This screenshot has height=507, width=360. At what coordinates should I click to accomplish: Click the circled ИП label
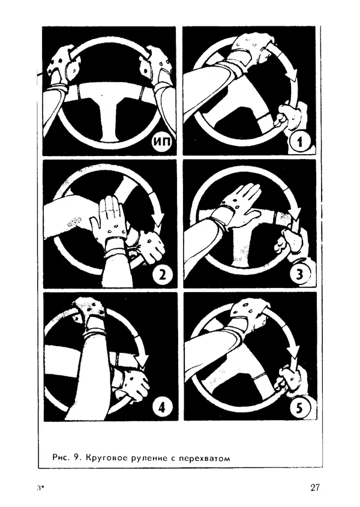click(162, 142)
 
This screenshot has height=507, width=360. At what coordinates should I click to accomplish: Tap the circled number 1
click(299, 142)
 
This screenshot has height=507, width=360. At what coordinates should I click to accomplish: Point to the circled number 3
click(299, 275)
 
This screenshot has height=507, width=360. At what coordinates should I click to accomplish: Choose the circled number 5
click(299, 408)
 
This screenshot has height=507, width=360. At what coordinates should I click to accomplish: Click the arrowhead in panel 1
click(293, 76)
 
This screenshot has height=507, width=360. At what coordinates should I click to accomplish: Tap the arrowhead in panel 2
click(159, 221)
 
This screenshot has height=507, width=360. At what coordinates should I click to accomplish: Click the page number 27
click(315, 487)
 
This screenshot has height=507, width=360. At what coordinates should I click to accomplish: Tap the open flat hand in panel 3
click(239, 204)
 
